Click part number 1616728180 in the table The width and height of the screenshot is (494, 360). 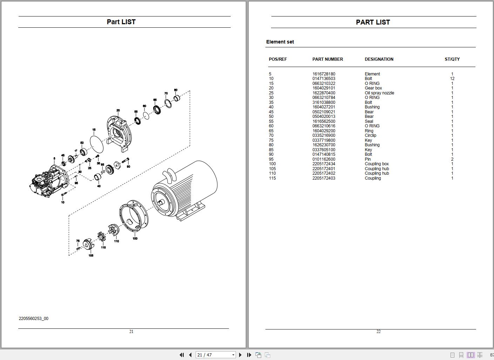(x=324, y=74)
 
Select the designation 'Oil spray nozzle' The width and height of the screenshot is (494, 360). (x=379, y=93)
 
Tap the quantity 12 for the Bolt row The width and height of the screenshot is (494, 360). (x=452, y=79)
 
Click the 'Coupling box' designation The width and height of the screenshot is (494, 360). (x=377, y=164)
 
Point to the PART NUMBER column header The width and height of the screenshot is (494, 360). (x=327, y=59)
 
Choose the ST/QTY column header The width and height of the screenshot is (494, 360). (x=452, y=59)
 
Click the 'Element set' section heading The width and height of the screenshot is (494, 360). (x=280, y=42)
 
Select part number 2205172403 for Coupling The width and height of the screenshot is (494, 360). (x=324, y=178)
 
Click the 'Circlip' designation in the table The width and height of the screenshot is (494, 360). (x=371, y=135)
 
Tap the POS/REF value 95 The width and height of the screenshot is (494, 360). (x=271, y=159)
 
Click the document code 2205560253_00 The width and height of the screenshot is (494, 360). (x=34, y=318)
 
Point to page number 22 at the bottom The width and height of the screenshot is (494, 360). (x=378, y=332)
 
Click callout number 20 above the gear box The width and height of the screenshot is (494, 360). (x=118, y=111)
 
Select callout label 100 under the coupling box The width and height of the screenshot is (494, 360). (x=135, y=238)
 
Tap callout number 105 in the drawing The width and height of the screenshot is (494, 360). (x=91, y=255)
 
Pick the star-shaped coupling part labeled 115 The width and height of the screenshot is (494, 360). (x=102, y=236)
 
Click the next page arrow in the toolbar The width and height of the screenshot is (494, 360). (x=240, y=355)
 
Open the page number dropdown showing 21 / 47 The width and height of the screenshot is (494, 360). (x=233, y=355)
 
